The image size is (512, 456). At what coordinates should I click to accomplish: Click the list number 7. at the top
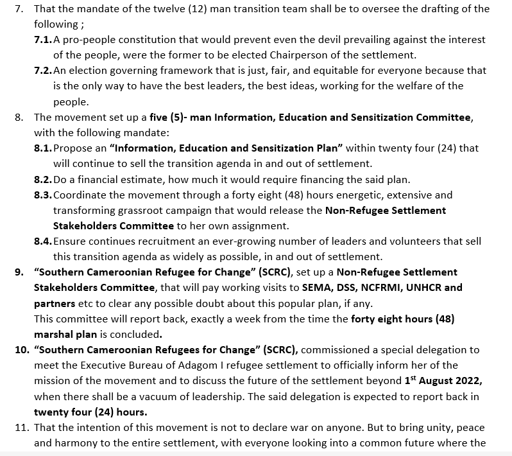pyautogui.click(x=19, y=9)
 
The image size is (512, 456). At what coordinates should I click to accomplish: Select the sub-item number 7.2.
pyautogui.click(x=43, y=70)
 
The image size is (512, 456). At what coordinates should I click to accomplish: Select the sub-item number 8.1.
pyautogui.click(x=43, y=148)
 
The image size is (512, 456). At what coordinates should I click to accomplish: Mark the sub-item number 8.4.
pyautogui.click(x=43, y=241)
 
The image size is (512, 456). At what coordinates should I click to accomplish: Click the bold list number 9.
pyautogui.click(x=19, y=272)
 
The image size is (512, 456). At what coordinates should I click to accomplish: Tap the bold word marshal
pyautogui.click(x=54, y=334)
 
